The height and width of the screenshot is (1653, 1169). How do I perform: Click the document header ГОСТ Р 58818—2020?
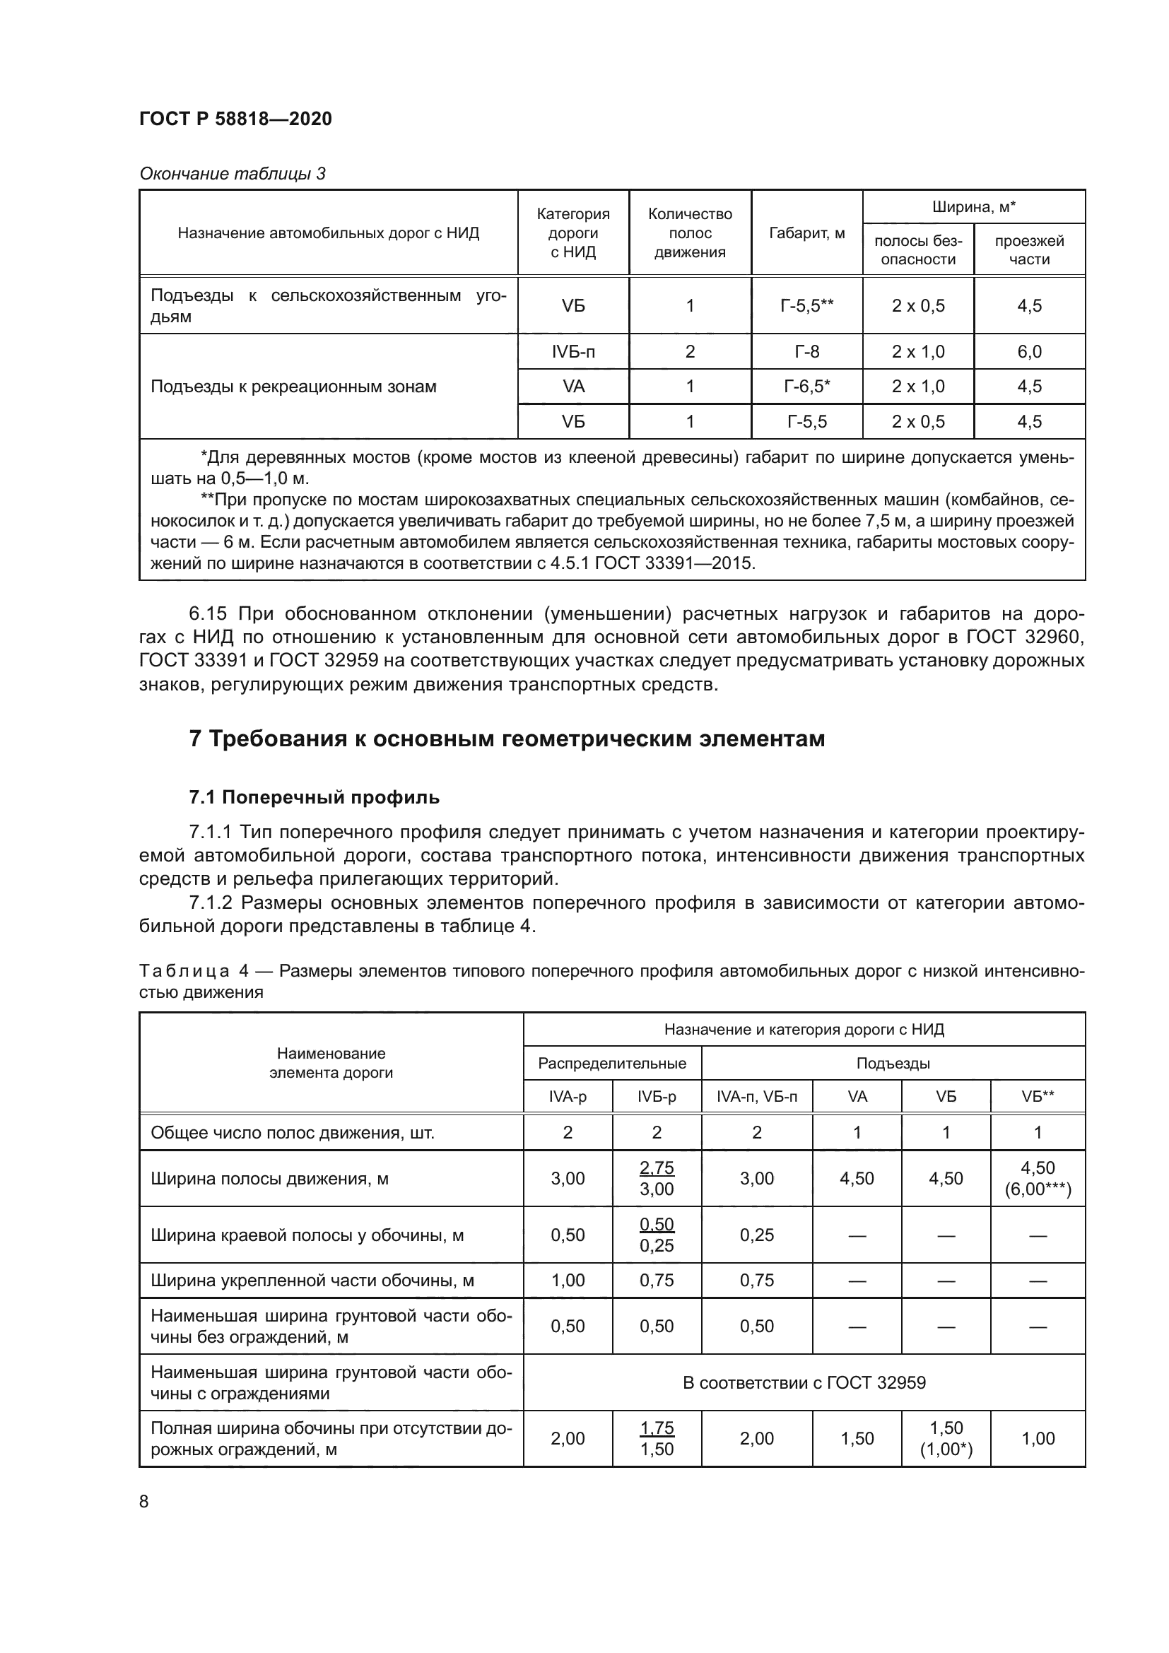(235, 119)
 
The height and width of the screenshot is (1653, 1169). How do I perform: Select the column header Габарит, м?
(806, 233)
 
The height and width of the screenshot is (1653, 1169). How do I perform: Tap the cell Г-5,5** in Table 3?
(806, 306)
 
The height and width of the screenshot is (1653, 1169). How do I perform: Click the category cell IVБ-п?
(573, 352)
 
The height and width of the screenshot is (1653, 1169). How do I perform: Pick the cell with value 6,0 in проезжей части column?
(1028, 352)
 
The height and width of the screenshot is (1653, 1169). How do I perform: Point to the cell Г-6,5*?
(806, 387)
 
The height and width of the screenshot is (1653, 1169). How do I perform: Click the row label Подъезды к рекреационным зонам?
(294, 387)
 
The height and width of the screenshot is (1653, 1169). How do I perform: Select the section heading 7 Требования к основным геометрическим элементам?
(507, 739)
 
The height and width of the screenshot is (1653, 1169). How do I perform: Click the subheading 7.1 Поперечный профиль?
(314, 798)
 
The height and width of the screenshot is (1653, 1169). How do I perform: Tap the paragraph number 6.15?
(207, 614)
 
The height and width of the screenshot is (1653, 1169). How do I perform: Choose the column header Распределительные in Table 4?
(612, 1064)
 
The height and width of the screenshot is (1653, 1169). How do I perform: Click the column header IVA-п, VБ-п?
(756, 1097)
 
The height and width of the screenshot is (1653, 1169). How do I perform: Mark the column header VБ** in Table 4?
(1038, 1097)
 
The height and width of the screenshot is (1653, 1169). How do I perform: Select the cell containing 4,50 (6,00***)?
(1038, 1179)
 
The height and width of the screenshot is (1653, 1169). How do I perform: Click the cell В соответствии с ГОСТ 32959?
(804, 1382)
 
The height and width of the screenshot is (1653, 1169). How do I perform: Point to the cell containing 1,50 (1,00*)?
(946, 1438)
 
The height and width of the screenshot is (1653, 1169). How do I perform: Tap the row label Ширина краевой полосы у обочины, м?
(307, 1235)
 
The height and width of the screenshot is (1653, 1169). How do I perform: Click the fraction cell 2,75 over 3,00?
(657, 1179)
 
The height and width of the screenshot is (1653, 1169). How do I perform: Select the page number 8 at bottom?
(144, 1502)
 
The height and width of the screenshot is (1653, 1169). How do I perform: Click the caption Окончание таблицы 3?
(233, 174)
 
